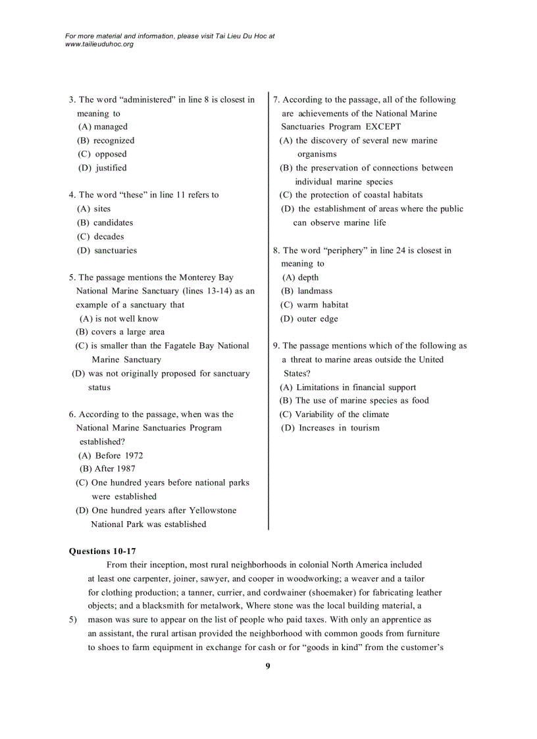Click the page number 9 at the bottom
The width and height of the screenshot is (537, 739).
[x=268, y=666]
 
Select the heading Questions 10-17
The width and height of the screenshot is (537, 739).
[x=102, y=551]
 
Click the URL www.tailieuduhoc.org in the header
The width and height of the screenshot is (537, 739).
[x=99, y=44]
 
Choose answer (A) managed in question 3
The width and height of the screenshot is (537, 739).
[x=103, y=126]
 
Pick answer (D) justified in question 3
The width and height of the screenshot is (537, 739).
[x=103, y=168]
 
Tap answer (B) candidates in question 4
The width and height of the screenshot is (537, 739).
[x=105, y=222]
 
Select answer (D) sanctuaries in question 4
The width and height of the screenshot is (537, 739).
[x=107, y=250]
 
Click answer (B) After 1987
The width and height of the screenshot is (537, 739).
[x=108, y=469]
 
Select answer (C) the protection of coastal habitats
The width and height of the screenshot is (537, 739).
[x=351, y=195]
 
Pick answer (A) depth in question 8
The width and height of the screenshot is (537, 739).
[x=300, y=277]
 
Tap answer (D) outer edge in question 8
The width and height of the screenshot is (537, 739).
[x=309, y=319]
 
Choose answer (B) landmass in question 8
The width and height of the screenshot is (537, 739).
[x=307, y=291]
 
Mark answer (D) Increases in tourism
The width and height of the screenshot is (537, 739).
[x=330, y=428]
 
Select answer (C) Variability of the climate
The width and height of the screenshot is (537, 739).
[x=334, y=415]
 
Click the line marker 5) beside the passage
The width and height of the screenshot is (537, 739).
[x=73, y=620]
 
